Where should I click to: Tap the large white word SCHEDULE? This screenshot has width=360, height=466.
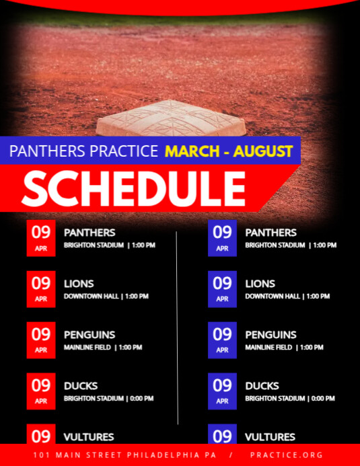click(x=133, y=188)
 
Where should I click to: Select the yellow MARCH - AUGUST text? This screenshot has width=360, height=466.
click(x=229, y=151)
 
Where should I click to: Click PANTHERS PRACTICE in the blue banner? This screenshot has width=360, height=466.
click(x=83, y=151)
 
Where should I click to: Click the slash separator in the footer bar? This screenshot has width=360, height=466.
click(x=229, y=455)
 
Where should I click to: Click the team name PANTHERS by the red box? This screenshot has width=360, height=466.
click(x=89, y=233)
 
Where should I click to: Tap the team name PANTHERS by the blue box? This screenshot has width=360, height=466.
click(x=271, y=233)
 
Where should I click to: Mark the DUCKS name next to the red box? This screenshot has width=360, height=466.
click(x=81, y=386)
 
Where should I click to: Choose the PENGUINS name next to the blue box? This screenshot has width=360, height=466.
click(x=271, y=335)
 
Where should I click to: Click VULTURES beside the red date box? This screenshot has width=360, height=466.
click(x=89, y=437)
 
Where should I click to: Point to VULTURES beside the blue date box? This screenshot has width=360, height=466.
click(x=270, y=437)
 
